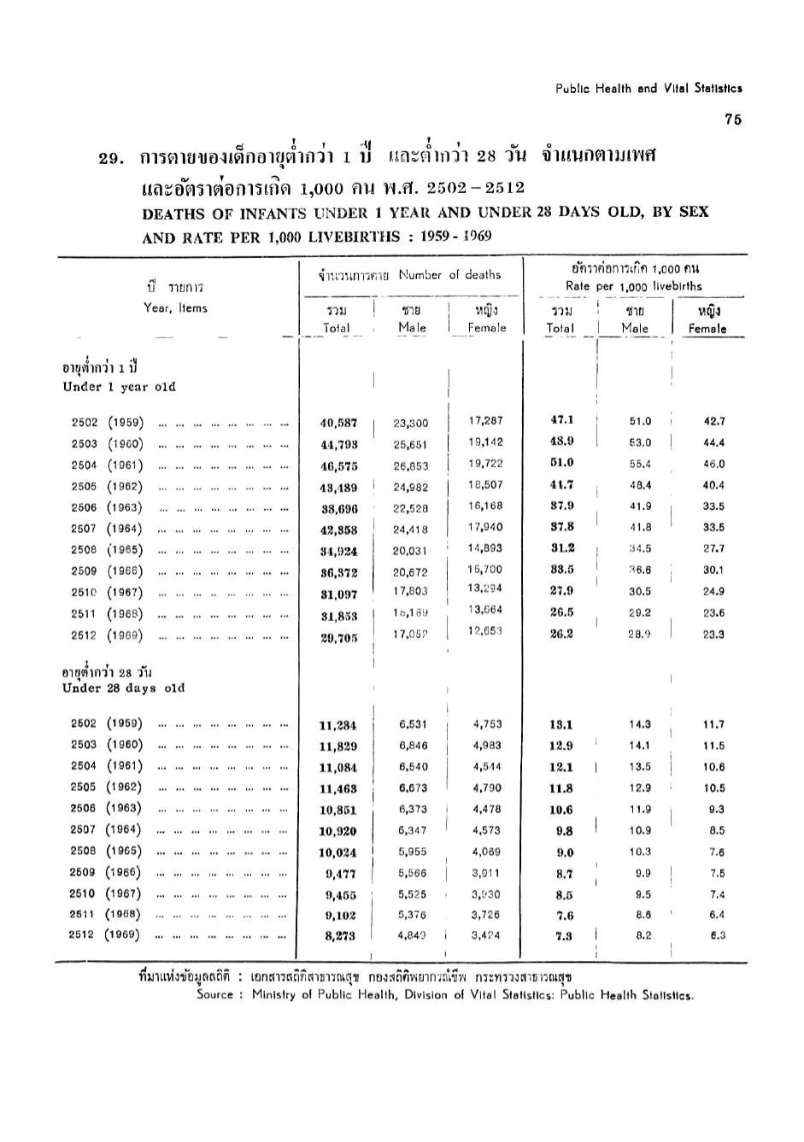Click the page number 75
732,120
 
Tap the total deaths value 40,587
338,423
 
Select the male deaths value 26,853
410,466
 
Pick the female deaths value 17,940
486,528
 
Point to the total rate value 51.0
561,463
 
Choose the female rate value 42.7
713,421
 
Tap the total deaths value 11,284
337,726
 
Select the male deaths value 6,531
413,724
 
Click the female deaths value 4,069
486,852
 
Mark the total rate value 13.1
560,724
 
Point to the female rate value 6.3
717,935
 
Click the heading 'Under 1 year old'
119,387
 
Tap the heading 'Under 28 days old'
123,688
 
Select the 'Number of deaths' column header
449,275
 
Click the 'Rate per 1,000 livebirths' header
633,286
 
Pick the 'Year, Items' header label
175,308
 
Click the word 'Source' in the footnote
216,994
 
